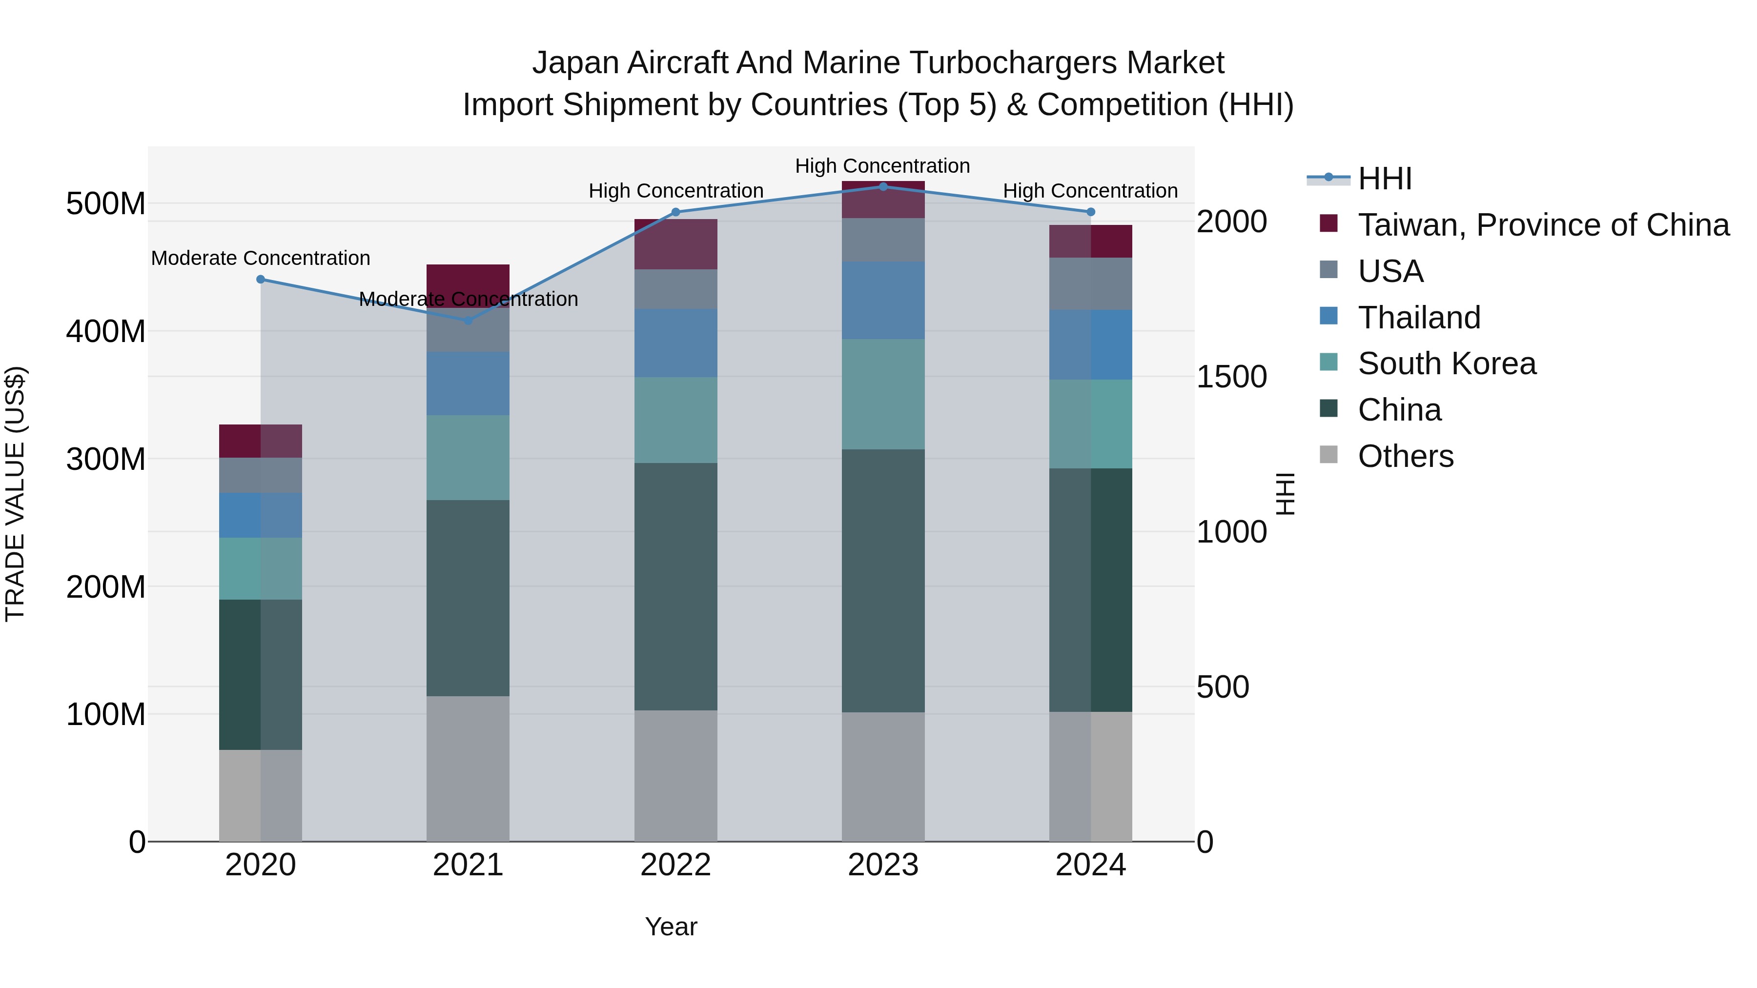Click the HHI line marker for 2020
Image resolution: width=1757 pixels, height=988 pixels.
pos(261,279)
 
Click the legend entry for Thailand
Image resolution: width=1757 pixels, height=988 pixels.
pos(1419,318)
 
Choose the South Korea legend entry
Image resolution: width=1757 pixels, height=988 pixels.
pos(1446,363)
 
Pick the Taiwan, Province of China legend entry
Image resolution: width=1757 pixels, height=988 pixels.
pos(1543,225)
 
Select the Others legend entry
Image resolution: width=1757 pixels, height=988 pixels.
pos(1405,456)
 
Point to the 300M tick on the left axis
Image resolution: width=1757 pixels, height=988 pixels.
pos(106,459)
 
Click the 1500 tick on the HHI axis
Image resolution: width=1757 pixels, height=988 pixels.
pos(1232,377)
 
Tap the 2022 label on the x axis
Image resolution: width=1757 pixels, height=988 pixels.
pos(675,865)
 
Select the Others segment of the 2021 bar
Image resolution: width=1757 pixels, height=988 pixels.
pos(468,768)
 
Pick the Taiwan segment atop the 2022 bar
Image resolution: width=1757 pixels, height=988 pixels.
pos(675,243)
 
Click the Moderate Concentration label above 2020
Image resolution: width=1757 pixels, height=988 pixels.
pos(261,259)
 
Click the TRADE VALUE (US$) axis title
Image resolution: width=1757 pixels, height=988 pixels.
pos(15,494)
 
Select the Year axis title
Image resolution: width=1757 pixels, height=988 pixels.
pos(671,927)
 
